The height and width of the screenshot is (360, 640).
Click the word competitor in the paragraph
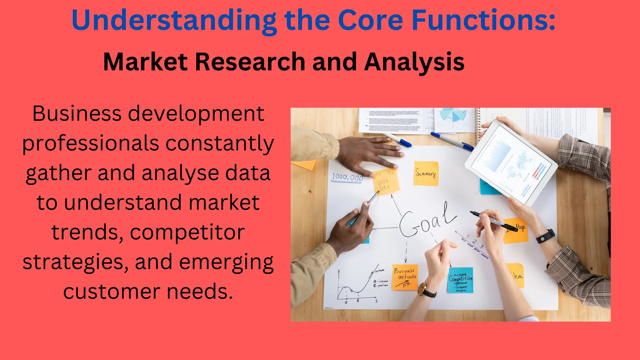(x=187, y=232)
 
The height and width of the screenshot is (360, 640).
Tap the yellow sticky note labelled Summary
(x=426, y=173)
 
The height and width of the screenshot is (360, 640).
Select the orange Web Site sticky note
(x=386, y=182)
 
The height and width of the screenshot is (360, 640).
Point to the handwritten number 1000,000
(x=347, y=177)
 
